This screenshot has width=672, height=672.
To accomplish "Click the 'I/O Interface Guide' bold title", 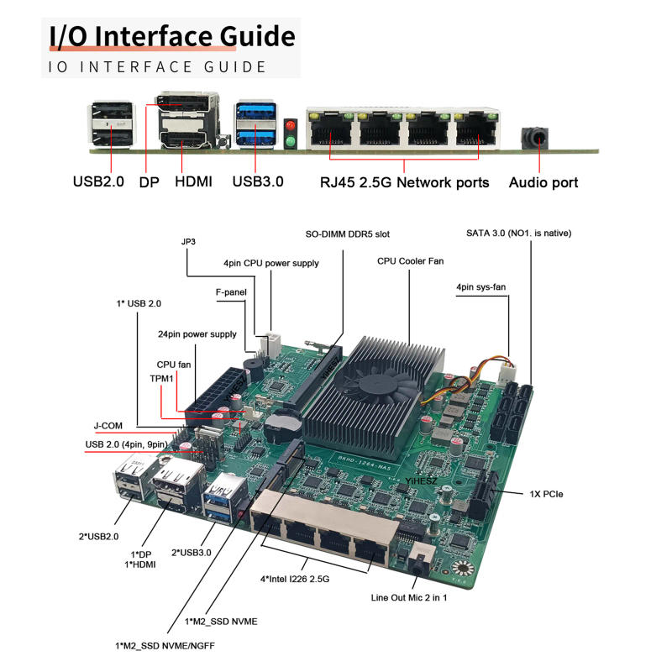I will tap(171, 36).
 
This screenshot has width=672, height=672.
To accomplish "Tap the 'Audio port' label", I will tap(543, 182).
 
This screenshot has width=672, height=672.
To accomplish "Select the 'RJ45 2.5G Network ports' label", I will tap(404, 182).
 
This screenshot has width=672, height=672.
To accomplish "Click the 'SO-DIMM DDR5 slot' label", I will tap(347, 234).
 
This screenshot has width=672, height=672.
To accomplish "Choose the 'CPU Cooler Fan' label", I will tap(410, 261).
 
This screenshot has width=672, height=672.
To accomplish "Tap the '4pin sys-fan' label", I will tap(481, 287).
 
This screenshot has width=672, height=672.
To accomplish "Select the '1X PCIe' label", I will tap(546, 494).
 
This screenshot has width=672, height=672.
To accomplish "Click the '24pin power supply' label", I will tap(197, 334).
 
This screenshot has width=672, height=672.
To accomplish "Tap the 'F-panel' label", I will tap(228, 293).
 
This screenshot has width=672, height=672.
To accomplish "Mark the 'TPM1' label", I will tap(161, 379).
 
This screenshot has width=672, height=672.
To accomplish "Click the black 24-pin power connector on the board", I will tap(209, 394).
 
